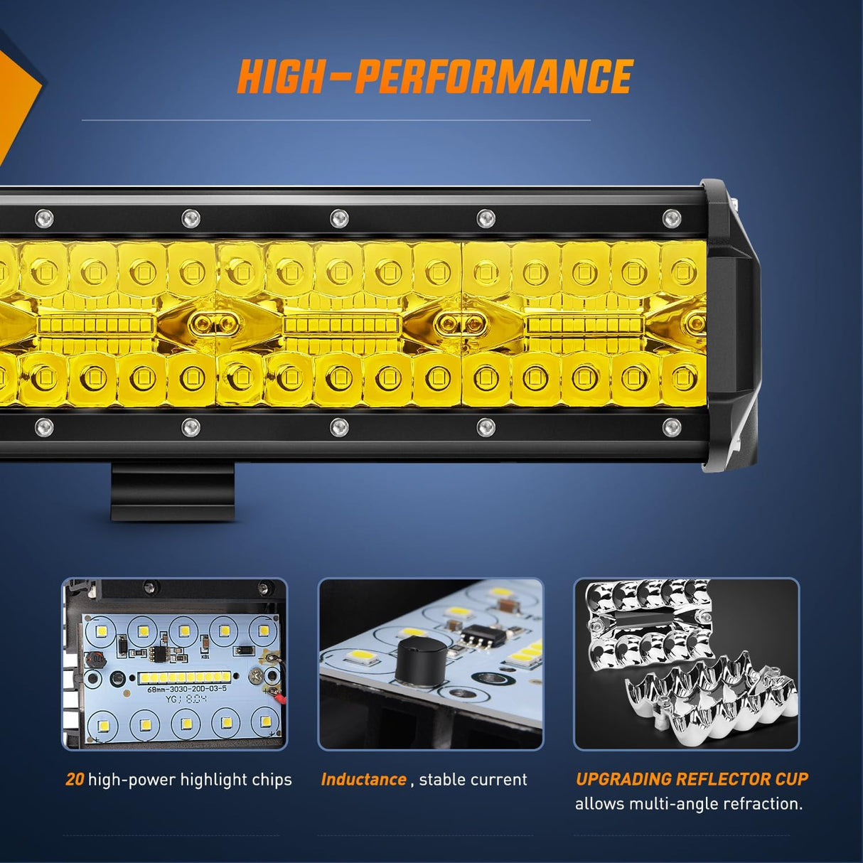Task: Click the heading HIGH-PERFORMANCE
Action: [434, 77]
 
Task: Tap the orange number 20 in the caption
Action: [75, 780]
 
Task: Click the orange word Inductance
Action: [363, 780]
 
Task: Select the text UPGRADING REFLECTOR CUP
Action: [692, 779]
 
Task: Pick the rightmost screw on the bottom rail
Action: [670, 427]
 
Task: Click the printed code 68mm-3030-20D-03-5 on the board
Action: [187, 689]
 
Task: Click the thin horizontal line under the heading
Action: [336, 120]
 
